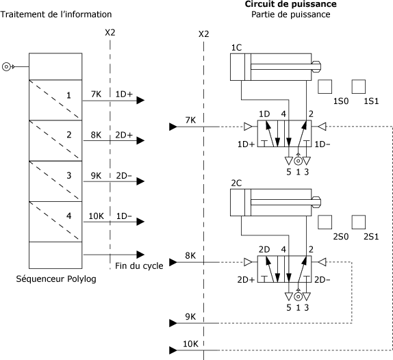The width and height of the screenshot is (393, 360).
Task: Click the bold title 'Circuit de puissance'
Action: (290, 4)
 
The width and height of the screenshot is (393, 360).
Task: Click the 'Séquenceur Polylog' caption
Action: (56, 279)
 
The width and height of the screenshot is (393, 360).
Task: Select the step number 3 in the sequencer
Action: (69, 175)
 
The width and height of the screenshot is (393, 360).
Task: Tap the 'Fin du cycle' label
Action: (139, 266)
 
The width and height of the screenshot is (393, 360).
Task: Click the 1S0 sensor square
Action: (325, 87)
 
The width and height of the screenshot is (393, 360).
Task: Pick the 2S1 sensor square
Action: (359, 222)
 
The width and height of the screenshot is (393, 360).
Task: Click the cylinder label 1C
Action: (236, 48)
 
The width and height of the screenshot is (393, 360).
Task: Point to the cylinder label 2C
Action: (236, 183)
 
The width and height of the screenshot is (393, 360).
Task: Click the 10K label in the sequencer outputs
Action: (96, 216)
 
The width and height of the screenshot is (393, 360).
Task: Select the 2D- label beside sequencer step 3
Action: (124, 176)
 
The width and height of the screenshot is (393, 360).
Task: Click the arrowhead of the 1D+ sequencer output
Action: (140, 101)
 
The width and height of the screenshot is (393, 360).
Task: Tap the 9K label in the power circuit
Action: (190, 317)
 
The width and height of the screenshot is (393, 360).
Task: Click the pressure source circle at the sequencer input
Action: (6, 67)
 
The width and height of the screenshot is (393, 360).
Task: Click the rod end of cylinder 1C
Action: (316, 67)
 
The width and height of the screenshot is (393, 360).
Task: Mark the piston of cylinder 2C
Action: (248, 203)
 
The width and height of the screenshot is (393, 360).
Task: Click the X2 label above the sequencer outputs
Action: (110, 33)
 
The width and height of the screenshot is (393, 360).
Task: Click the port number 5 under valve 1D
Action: (289, 172)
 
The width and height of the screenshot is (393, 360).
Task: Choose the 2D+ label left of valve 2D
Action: (246, 280)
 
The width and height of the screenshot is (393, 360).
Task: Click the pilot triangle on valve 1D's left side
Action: (248, 127)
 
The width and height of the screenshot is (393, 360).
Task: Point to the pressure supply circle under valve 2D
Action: (298, 296)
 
